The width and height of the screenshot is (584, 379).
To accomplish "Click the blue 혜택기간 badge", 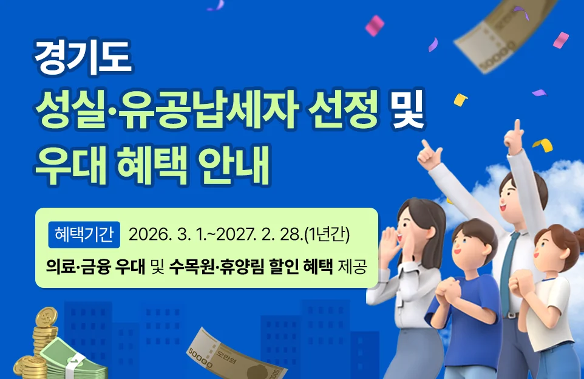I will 84,234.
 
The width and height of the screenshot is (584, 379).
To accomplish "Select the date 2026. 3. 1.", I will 160,234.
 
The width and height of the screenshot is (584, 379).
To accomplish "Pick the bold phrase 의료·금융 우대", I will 95,266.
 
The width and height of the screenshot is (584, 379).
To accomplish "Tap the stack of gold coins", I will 36,346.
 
